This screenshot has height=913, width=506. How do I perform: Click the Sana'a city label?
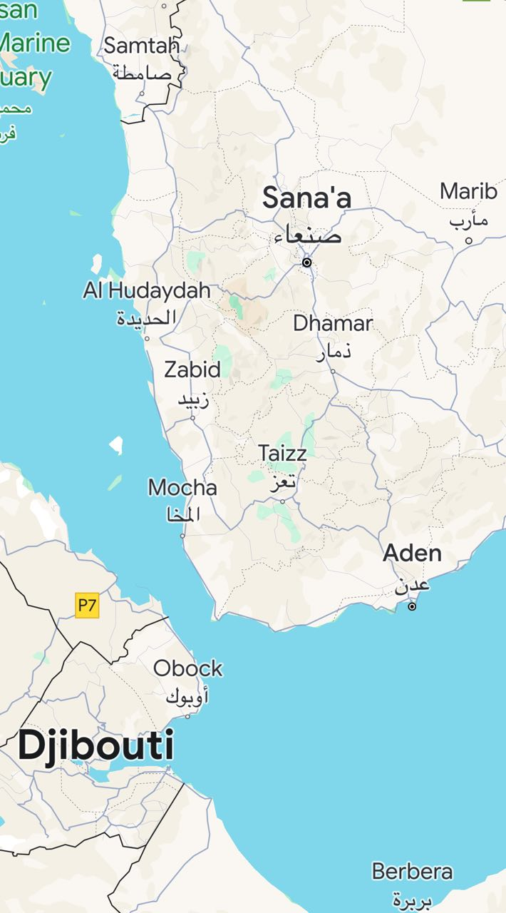306,198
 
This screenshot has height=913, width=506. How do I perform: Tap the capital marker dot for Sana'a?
307,262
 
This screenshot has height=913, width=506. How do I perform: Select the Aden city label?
412,553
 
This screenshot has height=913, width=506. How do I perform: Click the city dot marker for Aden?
412,606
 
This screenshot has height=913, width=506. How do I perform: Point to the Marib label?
468,191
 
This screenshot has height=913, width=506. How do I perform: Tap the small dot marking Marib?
468,240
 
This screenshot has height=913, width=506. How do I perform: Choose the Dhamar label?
333,323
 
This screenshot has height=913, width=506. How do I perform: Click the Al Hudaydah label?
147,290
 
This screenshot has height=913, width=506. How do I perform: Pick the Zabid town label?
192,369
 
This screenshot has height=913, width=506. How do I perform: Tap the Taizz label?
282,453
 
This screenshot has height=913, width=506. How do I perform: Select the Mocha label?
182,488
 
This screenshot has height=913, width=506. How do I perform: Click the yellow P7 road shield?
87,606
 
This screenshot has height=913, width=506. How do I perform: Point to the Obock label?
188,668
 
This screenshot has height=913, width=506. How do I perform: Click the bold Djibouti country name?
95,746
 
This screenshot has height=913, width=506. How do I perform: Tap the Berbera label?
412,872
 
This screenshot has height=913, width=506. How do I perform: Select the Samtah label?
141,46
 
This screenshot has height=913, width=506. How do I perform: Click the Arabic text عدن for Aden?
413,585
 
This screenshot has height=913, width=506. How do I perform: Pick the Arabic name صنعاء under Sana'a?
308,235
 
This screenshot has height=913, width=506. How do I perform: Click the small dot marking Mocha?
182,536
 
